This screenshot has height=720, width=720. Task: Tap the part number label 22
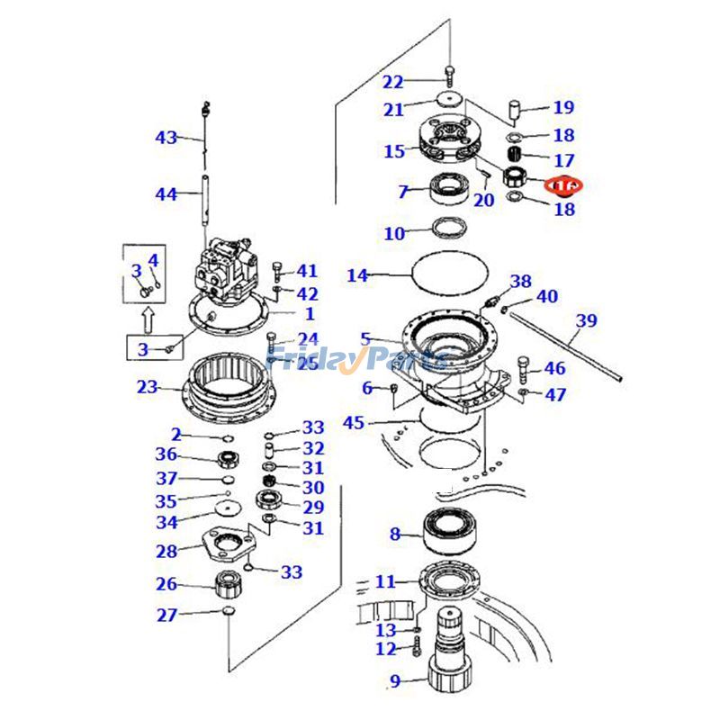coord(392,83)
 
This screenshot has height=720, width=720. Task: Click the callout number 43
coord(166,138)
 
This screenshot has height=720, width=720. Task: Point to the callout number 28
coord(166,551)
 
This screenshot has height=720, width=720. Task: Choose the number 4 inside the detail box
coord(153,260)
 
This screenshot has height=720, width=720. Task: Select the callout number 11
coord(385,582)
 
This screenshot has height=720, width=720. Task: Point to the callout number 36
coord(166,455)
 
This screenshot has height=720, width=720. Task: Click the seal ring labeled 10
coord(449,227)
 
